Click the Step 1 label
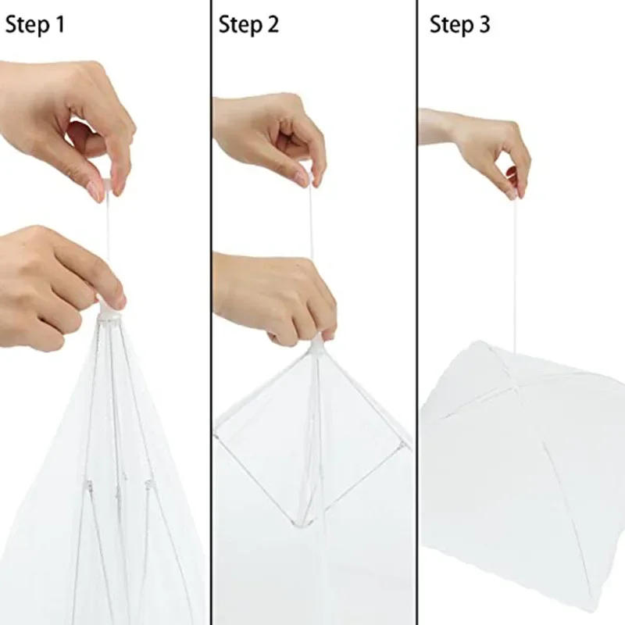pos(35,25)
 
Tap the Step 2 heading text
pos(248,25)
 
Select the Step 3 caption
pos(460,25)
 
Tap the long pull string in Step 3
pos(515,266)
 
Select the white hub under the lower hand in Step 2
pos(317,344)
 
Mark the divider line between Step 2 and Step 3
pos(416,312)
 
